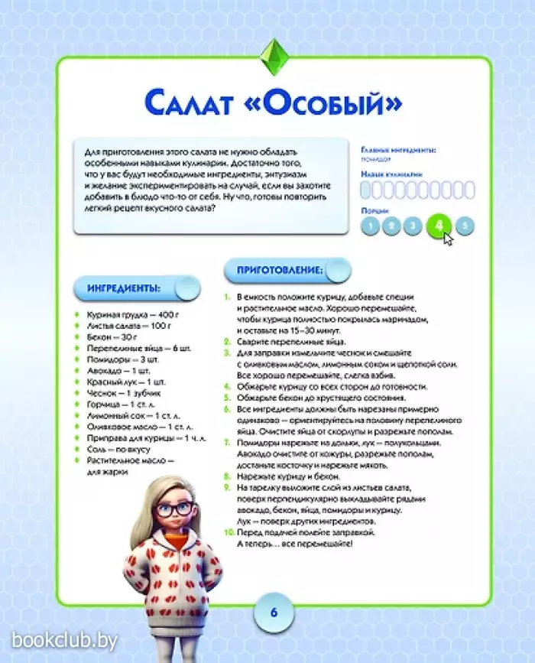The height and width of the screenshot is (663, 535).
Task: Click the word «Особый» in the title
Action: (x=331, y=104)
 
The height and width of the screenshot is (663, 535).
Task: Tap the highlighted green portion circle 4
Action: (x=439, y=226)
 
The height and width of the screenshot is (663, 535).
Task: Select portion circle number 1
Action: (x=370, y=226)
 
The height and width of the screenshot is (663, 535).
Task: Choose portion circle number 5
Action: (x=465, y=226)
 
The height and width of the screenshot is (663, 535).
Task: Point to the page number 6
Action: (x=273, y=613)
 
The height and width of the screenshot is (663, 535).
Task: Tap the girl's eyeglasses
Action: (x=174, y=509)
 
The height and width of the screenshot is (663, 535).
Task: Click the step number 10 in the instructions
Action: (x=229, y=530)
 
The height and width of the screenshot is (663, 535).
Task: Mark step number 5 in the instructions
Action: (x=228, y=398)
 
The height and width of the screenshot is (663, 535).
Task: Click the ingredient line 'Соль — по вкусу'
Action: (x=118, y=451)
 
